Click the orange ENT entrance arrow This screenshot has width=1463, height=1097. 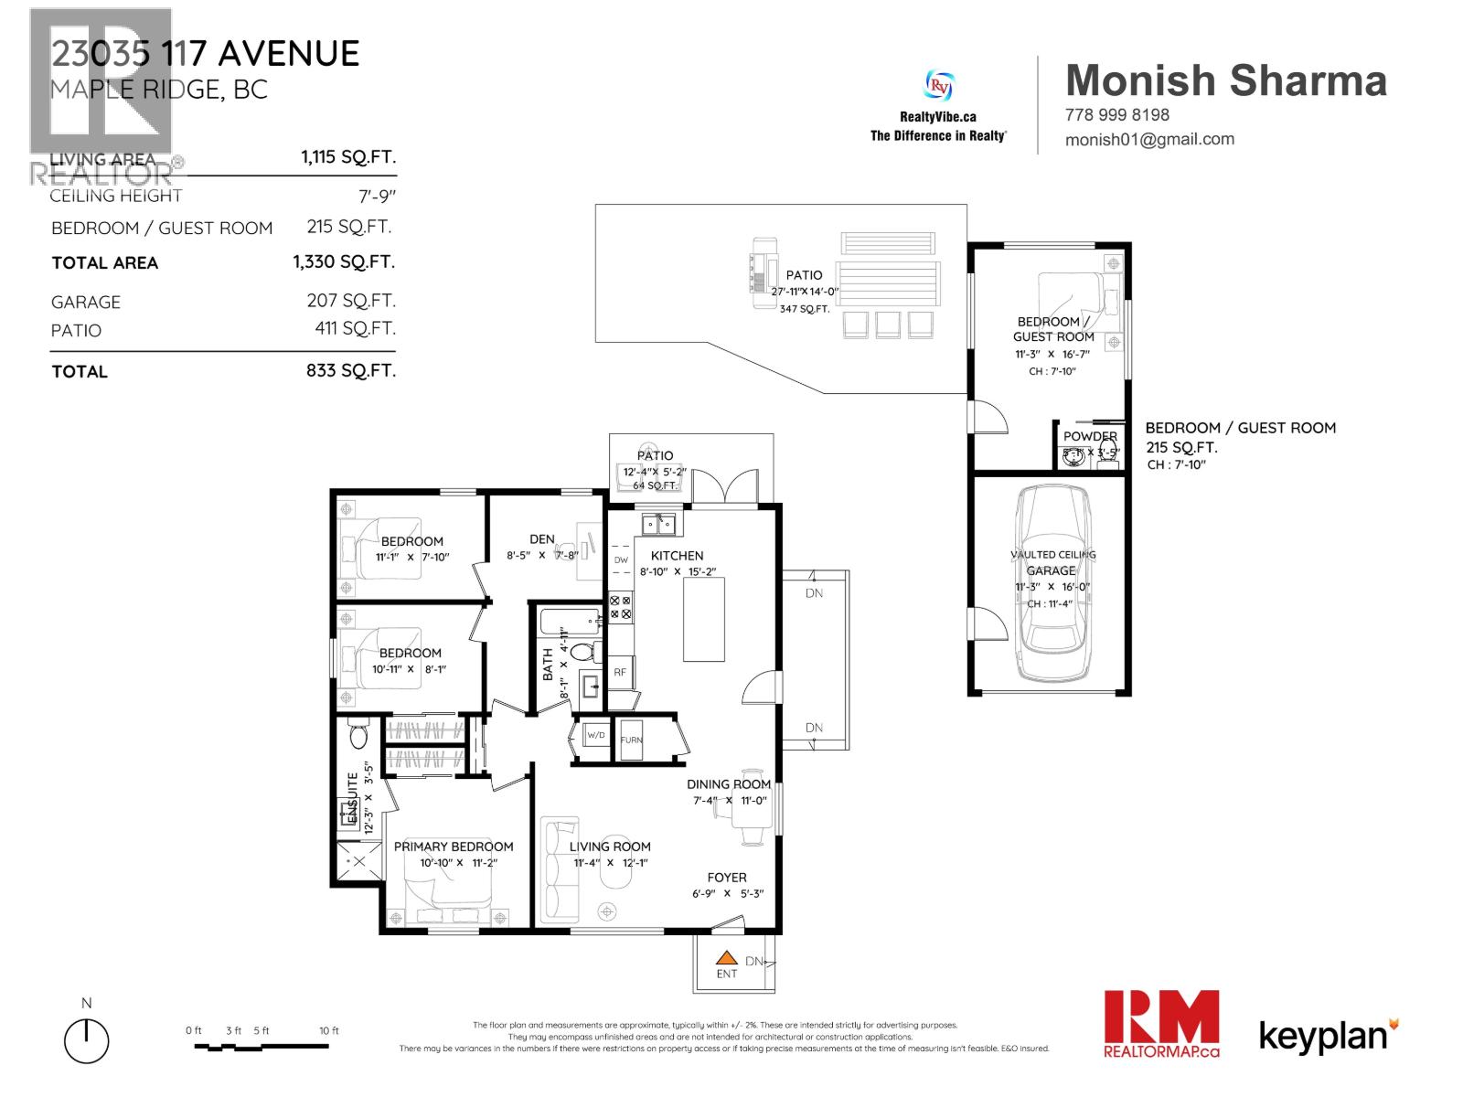[726, 959]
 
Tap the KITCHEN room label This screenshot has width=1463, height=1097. [677, 556]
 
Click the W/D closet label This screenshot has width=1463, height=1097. [595, 735]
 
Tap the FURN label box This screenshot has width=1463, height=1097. [632, 740]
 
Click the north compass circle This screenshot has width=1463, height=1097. [87, 1041]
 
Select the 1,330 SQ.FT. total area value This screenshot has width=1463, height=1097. [344, 262]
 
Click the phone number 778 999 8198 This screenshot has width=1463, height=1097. [1116, 115]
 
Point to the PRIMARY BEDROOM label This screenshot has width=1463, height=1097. [454, 847]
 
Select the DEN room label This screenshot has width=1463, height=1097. [542, 539]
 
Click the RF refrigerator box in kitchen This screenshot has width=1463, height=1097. [620, 672]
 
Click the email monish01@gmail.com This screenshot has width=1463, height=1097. [1149, 139]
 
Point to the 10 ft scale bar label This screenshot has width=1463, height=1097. [329, 1030]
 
